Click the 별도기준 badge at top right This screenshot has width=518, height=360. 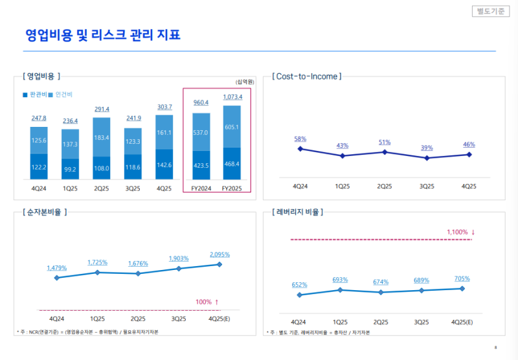(x=491, y=11)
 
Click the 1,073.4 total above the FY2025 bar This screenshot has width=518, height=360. (x=232, y=97)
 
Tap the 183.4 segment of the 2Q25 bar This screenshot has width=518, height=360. (x=102, y=138)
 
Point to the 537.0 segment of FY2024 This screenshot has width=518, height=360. (x=201, y=133)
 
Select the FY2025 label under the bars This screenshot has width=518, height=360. (x=232, y=188)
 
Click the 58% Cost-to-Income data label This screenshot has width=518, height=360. (x=300, y=139)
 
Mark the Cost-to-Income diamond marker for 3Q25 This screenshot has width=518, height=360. (x=427, y=158)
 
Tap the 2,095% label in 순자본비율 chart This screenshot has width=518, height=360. (x=221, y=254)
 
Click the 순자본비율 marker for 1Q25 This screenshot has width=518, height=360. (x=97, y=273)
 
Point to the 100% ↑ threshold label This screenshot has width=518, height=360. (x=207, y=302)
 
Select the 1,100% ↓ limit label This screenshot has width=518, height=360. (x=461, y=232)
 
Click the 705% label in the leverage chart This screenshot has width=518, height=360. (x=462, y=279)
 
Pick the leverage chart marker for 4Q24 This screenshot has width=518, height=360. (x=299, y=295)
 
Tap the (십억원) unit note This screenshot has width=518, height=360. (x=245, y=82)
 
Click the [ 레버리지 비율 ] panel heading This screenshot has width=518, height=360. (x=298, y=212)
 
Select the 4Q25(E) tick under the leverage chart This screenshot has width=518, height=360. (x=462, y=322)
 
